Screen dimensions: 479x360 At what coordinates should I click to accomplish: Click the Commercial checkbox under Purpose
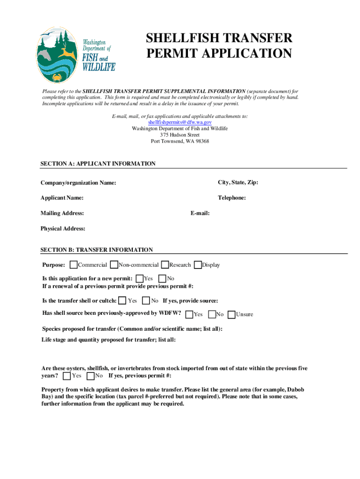[73, 265]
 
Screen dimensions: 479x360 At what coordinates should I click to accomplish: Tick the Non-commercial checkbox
[114, 265]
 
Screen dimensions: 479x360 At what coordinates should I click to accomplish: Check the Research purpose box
[165, 265]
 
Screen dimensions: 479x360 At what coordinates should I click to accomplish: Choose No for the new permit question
[163, 278]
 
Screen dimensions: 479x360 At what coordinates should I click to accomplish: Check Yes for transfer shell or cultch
[122, 300]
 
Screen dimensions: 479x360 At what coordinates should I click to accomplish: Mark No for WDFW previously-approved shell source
[211, 314]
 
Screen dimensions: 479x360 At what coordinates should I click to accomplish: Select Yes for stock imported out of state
[67, 376]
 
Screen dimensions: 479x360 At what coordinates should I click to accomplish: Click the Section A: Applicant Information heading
[98, 164]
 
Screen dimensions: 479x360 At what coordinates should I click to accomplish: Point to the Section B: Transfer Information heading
[97, 250]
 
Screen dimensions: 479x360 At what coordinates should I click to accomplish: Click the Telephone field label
[232, 198]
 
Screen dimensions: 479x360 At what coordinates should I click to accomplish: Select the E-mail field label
[200, 213]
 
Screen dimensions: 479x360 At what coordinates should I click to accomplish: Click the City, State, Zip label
[238, 182]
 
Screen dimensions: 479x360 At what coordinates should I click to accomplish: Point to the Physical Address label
[63, 229]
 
